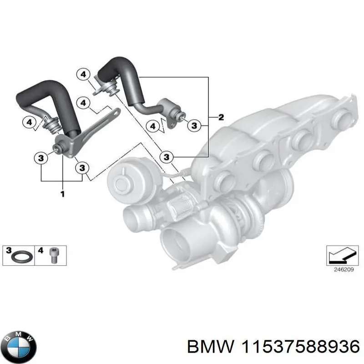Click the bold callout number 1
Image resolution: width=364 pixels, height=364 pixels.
[62, 194]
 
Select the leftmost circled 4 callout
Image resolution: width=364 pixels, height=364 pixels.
[28, 122]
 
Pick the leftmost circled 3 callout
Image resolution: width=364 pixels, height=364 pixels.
[40, 158]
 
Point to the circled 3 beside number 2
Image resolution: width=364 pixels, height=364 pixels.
[194, 125]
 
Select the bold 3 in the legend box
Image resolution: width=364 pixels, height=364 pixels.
[9, 250]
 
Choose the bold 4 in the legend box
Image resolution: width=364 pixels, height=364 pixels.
[41, 250]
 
